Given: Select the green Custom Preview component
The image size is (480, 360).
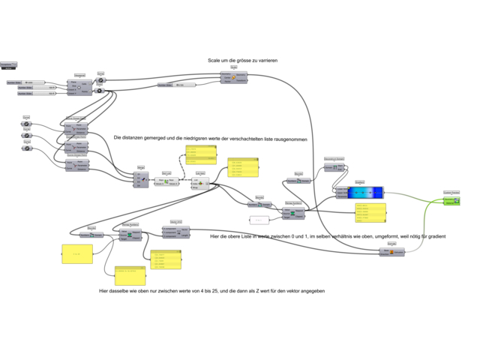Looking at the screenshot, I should coord(451,201).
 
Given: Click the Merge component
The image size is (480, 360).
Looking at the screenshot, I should coord(140,180).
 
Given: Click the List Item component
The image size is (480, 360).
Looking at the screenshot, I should coord(201,182).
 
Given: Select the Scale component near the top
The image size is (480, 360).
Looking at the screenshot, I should coord(233,77).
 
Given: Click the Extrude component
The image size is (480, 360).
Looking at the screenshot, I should coord(391,252).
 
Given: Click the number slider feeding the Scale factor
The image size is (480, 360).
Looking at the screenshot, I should coord(176,85).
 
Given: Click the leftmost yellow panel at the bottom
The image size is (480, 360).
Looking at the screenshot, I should coord(77,254).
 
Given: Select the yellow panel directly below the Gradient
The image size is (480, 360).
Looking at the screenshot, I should coord(370,212).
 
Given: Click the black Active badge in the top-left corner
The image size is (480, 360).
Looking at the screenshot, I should coord(8,66).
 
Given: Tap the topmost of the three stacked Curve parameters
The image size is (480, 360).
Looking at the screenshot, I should coord(26,124).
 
